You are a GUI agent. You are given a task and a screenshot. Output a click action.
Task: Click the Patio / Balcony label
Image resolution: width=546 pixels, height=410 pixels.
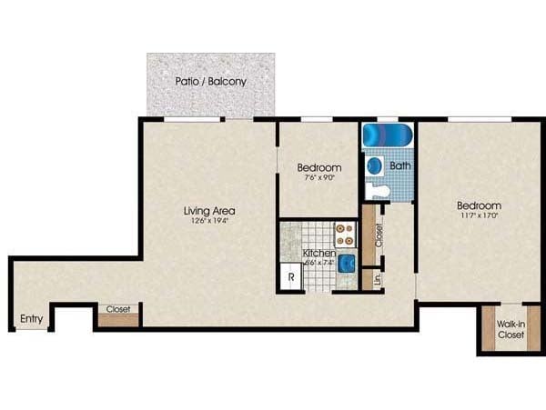point(211,81)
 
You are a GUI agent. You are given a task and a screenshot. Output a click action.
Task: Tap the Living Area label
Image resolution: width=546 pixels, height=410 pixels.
point(210,210)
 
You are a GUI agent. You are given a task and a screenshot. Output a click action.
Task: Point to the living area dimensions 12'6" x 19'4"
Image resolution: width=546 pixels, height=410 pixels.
point(210,221)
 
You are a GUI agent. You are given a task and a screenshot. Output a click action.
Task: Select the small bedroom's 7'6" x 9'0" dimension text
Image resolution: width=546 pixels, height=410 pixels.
point(318,178)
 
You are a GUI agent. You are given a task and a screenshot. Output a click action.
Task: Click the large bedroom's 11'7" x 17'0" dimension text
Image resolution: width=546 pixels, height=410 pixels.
point(479,217)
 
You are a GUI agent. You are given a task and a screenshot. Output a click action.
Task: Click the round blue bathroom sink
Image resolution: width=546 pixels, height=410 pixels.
point(374,166)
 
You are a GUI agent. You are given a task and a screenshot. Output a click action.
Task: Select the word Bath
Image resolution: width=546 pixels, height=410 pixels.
point(400,166)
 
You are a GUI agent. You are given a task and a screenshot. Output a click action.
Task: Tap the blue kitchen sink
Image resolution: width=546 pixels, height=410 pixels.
point(347,264)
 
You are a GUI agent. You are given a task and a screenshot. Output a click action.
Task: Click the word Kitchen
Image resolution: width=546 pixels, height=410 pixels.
point(319,252)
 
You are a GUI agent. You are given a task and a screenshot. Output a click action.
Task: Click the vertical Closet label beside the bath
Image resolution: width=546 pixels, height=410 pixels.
point(378,235)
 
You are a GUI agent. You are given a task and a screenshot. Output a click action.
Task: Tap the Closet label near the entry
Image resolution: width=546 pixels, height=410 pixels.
point(118,309)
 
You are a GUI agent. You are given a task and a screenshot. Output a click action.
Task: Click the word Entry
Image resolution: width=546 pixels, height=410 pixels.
point(32,318)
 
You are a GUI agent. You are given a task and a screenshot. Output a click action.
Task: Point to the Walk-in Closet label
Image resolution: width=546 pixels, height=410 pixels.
point(511,329)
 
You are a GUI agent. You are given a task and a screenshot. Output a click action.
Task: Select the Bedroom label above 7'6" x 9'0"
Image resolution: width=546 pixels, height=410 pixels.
point(319,167)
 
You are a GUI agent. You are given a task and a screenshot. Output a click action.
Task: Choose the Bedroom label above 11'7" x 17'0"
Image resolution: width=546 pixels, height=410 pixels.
point(479,205)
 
